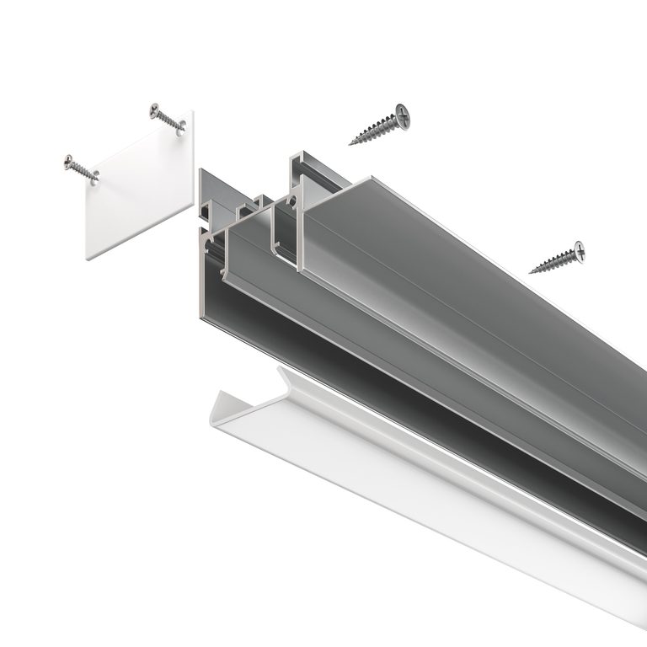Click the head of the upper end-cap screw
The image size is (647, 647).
[155, 109]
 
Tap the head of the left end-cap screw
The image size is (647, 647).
[68, 160]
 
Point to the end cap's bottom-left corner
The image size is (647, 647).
[88, 256]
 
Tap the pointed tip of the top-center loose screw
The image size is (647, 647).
[351, 142]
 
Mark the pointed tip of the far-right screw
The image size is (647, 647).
[531, 272]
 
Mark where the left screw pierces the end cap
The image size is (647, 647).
[94, 176]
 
